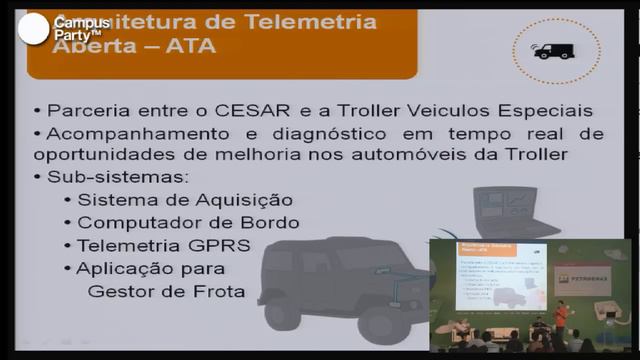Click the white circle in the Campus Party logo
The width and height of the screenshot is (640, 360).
point(34,30)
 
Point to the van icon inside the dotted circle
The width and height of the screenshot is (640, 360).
point(554,50)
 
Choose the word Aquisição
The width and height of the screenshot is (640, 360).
point(247,200)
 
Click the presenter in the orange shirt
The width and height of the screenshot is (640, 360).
point(561,319)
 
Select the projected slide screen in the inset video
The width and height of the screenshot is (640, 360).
point(495,276)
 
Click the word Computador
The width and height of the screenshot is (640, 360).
point(129,223)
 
